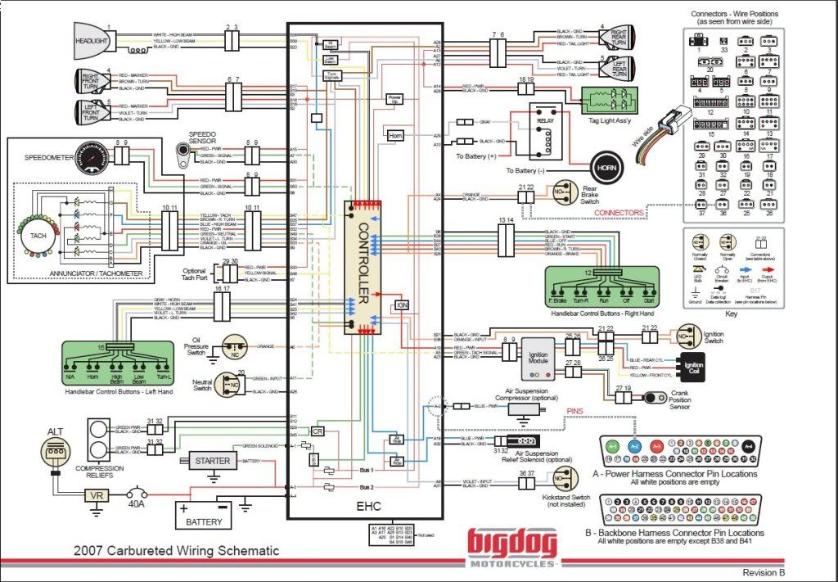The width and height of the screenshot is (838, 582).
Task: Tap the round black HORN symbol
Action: point(607,167)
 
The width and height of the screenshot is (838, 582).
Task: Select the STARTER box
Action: point(212,461)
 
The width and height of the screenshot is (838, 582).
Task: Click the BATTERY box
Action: point(204,516)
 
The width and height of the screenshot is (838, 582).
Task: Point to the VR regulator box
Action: point(97,495)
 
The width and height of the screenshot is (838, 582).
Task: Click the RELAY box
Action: point(545,130)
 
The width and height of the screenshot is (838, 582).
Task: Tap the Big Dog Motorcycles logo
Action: point(512,548)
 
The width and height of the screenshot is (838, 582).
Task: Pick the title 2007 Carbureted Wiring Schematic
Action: point(176,551)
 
